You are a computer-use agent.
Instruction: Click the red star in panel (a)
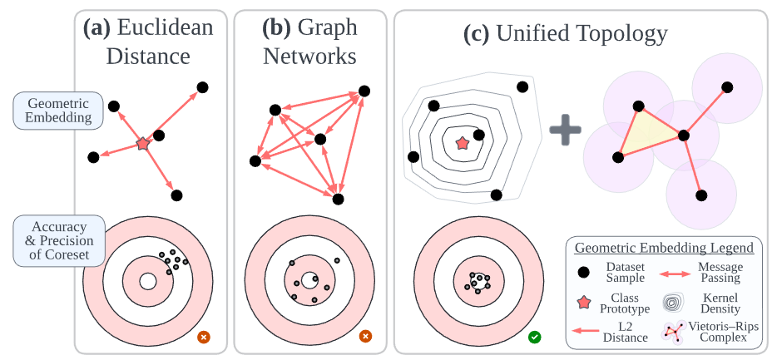coord(142,145)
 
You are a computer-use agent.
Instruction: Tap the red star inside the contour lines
coord(463,143)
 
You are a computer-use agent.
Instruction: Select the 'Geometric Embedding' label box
coord(58,111)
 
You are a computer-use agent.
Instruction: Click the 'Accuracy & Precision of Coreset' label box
coord(58,241)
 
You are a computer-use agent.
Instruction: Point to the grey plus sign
coord(566,131)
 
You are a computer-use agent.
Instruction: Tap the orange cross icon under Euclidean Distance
coord(204,338)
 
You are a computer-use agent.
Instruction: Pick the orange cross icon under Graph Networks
coord(364,338)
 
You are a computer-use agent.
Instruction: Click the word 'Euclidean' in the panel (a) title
coord(166,27)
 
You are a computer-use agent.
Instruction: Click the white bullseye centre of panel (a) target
coord(147,282)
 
